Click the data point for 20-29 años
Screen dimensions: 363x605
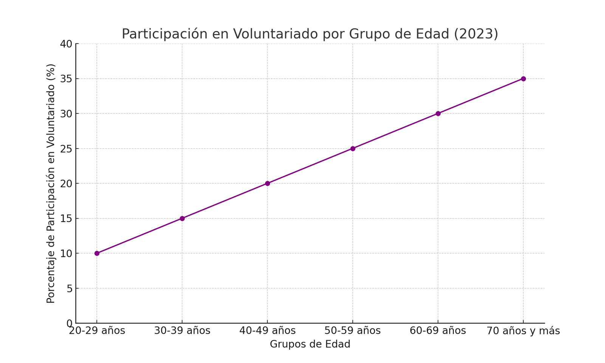click(97, 253)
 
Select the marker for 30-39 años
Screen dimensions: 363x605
click(182, 218)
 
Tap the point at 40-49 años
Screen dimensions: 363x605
click(267, 183)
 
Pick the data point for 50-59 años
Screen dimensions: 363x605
click(353, 149)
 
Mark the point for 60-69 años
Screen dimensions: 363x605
click(438, 113)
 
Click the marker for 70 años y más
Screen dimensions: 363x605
click(523, 79)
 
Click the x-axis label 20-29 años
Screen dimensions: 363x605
click(97, 331)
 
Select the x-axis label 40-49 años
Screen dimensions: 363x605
click(267, 331)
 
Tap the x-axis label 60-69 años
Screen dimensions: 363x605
click(438, 331)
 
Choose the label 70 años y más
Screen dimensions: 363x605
click(523, 331)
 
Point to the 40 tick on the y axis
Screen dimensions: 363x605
click(66, 44)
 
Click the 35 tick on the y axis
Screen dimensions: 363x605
click(66, 79)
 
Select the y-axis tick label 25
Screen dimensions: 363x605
click(66, 149)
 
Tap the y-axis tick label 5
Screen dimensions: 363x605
click(69, 289)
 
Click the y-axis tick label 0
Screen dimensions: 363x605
click(69, 323)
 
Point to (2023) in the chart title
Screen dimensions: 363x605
click(476, 34)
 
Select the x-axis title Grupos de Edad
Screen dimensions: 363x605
click(310, 344)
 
